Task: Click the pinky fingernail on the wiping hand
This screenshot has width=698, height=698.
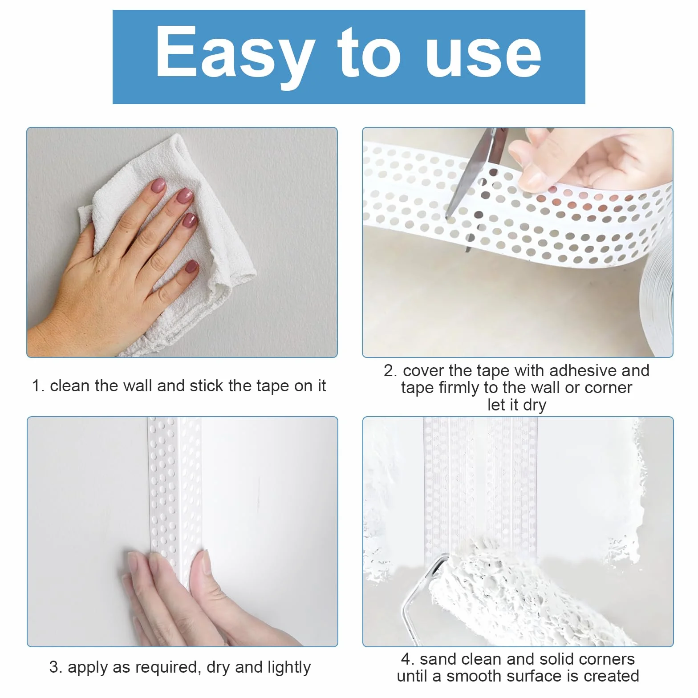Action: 192,267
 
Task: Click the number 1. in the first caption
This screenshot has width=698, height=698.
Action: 38,386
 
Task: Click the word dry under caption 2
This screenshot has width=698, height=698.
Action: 535,406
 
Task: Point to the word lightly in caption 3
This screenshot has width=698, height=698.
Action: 289,668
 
